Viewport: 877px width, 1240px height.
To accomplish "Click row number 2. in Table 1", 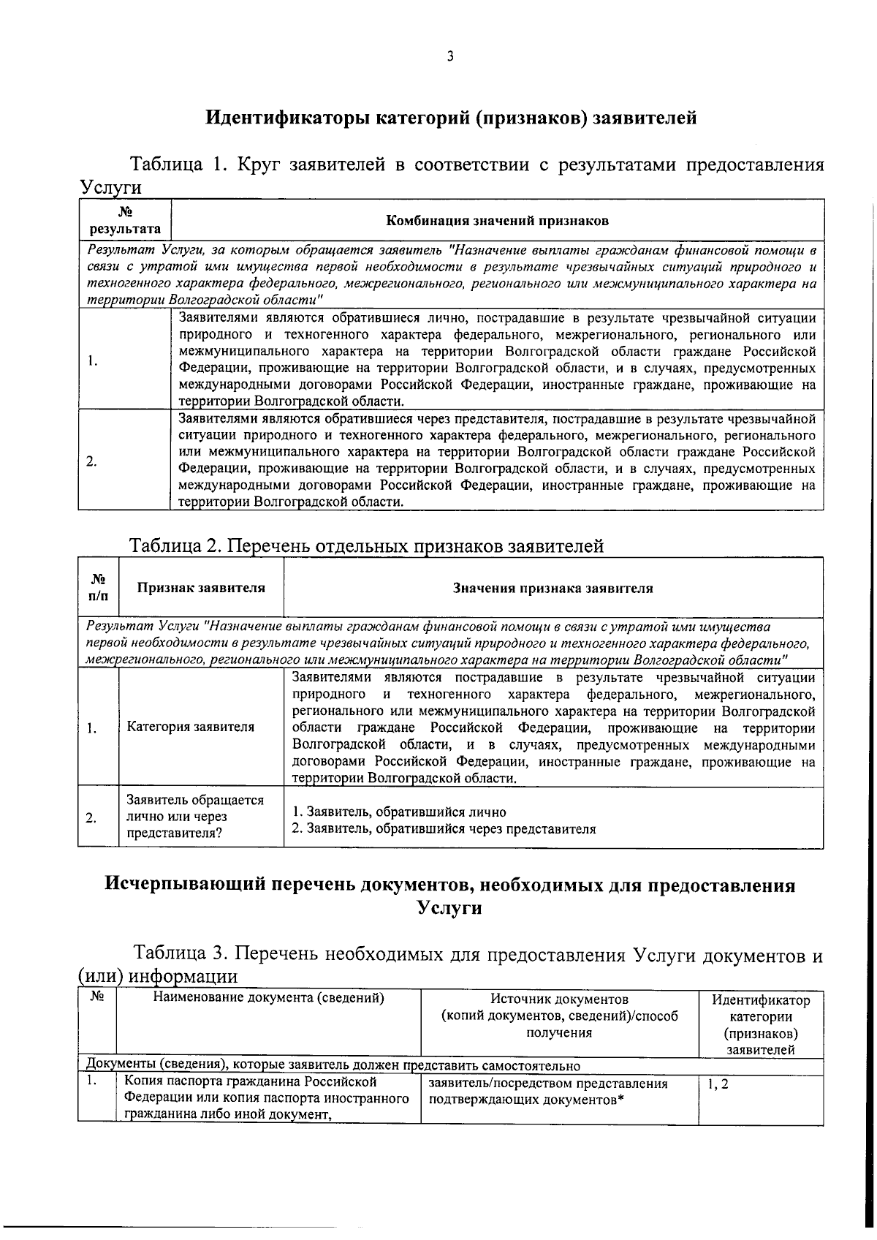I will coord(91,461).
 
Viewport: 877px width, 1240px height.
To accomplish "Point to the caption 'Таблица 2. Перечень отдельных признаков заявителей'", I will coord(366,545).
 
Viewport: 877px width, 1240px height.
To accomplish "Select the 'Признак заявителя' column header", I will coord(201,588).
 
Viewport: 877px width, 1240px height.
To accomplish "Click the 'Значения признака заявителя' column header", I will coord(553,588).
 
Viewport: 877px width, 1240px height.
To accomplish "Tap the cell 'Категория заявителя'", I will coord(191,727).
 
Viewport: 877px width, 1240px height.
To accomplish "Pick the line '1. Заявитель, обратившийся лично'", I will coord(399,812).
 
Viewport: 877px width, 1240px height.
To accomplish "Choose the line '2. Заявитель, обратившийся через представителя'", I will coord(444,829).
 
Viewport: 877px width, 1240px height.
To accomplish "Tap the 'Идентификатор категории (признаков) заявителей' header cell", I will coord(760,1024).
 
